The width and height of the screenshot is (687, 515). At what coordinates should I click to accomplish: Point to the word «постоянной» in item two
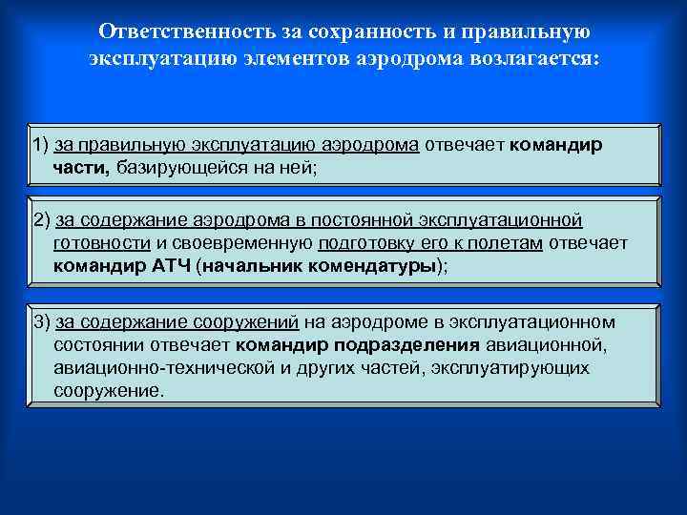pos(369,220)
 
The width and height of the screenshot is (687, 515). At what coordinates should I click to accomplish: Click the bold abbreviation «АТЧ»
pos(172,266)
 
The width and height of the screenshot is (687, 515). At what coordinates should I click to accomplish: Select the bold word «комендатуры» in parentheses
pos(379,266)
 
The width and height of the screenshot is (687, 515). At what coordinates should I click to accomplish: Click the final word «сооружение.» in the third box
pos(109,390)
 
